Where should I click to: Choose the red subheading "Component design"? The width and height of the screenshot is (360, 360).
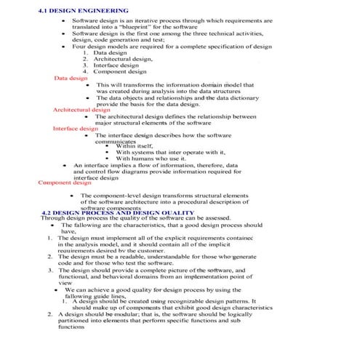65,183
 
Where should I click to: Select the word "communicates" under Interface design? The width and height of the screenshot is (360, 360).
119,142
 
